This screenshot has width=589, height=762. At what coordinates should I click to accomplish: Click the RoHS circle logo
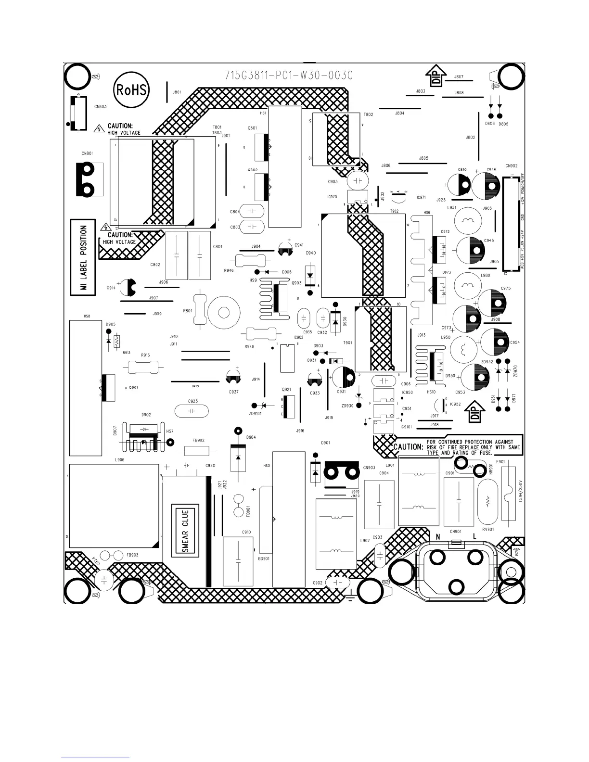point(131,90)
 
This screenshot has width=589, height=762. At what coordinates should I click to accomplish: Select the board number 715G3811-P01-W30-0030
point(289,76)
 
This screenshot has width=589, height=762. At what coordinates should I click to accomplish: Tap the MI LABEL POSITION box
point(84,257)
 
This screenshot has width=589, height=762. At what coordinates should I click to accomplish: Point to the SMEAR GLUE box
point(186,531)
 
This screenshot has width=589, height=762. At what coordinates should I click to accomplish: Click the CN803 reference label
point(101,106)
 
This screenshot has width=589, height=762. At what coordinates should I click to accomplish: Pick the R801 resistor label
point(188,311)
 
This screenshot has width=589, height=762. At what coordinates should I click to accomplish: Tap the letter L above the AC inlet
point(474,536)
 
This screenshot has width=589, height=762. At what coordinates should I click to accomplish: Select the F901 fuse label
point(500,461)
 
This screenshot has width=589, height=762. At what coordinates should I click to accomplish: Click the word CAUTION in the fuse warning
point(409,447)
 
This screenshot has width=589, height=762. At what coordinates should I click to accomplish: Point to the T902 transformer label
point(394,211)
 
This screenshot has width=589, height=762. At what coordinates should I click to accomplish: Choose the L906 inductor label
point(120,460)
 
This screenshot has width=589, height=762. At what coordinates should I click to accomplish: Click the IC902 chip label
point(298,337)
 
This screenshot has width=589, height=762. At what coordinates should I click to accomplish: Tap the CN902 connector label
point(512,166)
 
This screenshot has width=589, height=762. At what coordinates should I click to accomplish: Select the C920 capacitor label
point(210,466)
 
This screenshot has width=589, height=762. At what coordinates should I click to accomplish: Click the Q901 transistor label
point(133,387)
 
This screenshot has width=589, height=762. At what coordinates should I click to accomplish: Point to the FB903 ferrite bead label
point(132,555)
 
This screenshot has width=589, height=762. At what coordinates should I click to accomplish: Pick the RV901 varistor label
point(488,529)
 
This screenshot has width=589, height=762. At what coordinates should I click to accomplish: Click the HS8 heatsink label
point(87,316)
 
